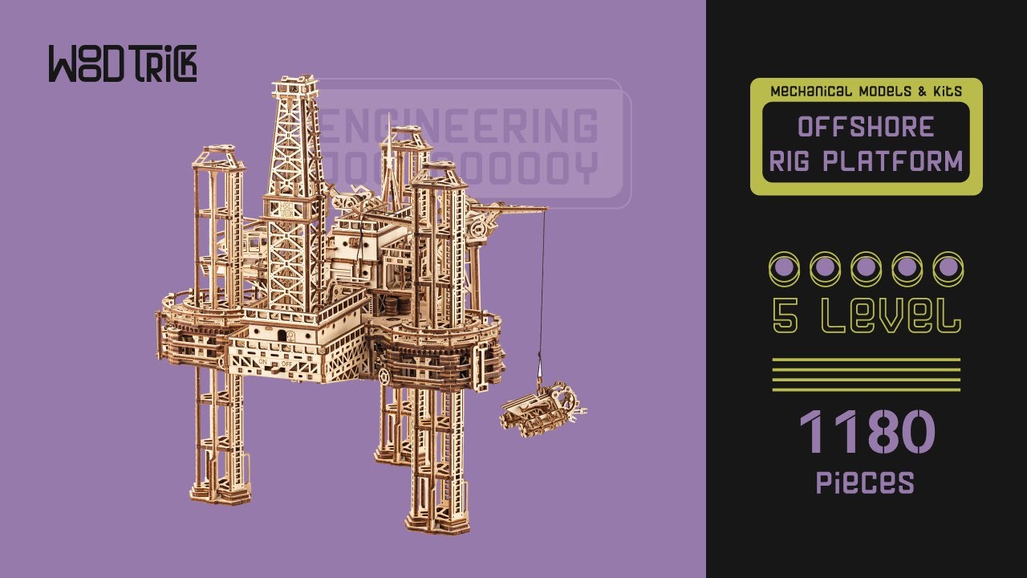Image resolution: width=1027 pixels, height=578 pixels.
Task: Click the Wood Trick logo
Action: pyautogui.click(x=122, y=64)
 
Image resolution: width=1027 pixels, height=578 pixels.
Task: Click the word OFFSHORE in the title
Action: pyautogui.click(x=866, y=127)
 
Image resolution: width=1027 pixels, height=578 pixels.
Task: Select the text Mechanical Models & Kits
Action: pyautogui.click(x=866, y=92)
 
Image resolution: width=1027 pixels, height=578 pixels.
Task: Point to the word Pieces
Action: pyautogui.click(x=865, y=482)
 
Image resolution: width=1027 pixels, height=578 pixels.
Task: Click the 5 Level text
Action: pyautogui.click(x=866, y=315)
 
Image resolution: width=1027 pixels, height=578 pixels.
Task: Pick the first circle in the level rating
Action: pyautogui.click(x=783, y=268)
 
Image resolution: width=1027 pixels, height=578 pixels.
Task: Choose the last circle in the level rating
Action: pyautogui.click(x=948, y=268)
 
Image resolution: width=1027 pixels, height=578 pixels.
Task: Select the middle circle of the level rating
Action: pyautogui.click(x=866, y=268)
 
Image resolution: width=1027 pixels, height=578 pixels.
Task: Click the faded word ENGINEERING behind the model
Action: pyautogui.click(x=461, y=127)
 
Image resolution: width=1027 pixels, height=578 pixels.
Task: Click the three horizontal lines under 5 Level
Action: pyautogui.click(x=866, y=374)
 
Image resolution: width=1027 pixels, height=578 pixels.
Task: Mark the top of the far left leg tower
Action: pyautogui.click(x=217, y=154)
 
